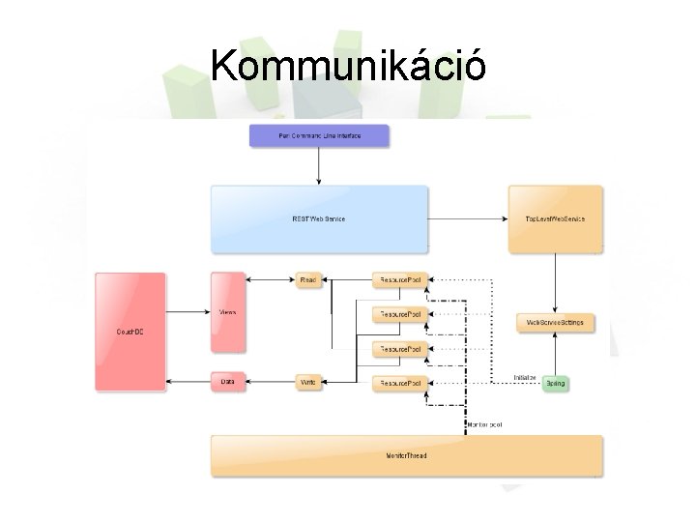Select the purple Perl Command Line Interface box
pyautogui.click(x=319, y=136)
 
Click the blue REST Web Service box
pyautogui.click(x=319, y=218)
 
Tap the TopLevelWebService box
pyautogui.click(x=555, y=219)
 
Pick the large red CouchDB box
pyautogui.click(x=130, y=332)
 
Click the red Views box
pyautogui.click(x=228, y=312)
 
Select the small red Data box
pyautogui.click(x=228, y=382)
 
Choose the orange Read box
pyautogui.click(x=308, y=280)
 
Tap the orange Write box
pyautogui.click(x=308, y=383)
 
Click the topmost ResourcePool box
pyautogui.click(x=399, y=280)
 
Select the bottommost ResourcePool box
pyautogui.click(x=399, y=383)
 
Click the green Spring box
pyautogui.click(x=555, y=383)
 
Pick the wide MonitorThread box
pyautogui.click(x=406, y=455)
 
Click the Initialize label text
pyautogui.click(x=525, y=377)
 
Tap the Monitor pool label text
pyautogui.click(x=483, y=424)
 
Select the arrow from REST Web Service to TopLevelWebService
pyautogui.click(x=468, y=219)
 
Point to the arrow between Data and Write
pyautogui.click(x=270, y=383)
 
